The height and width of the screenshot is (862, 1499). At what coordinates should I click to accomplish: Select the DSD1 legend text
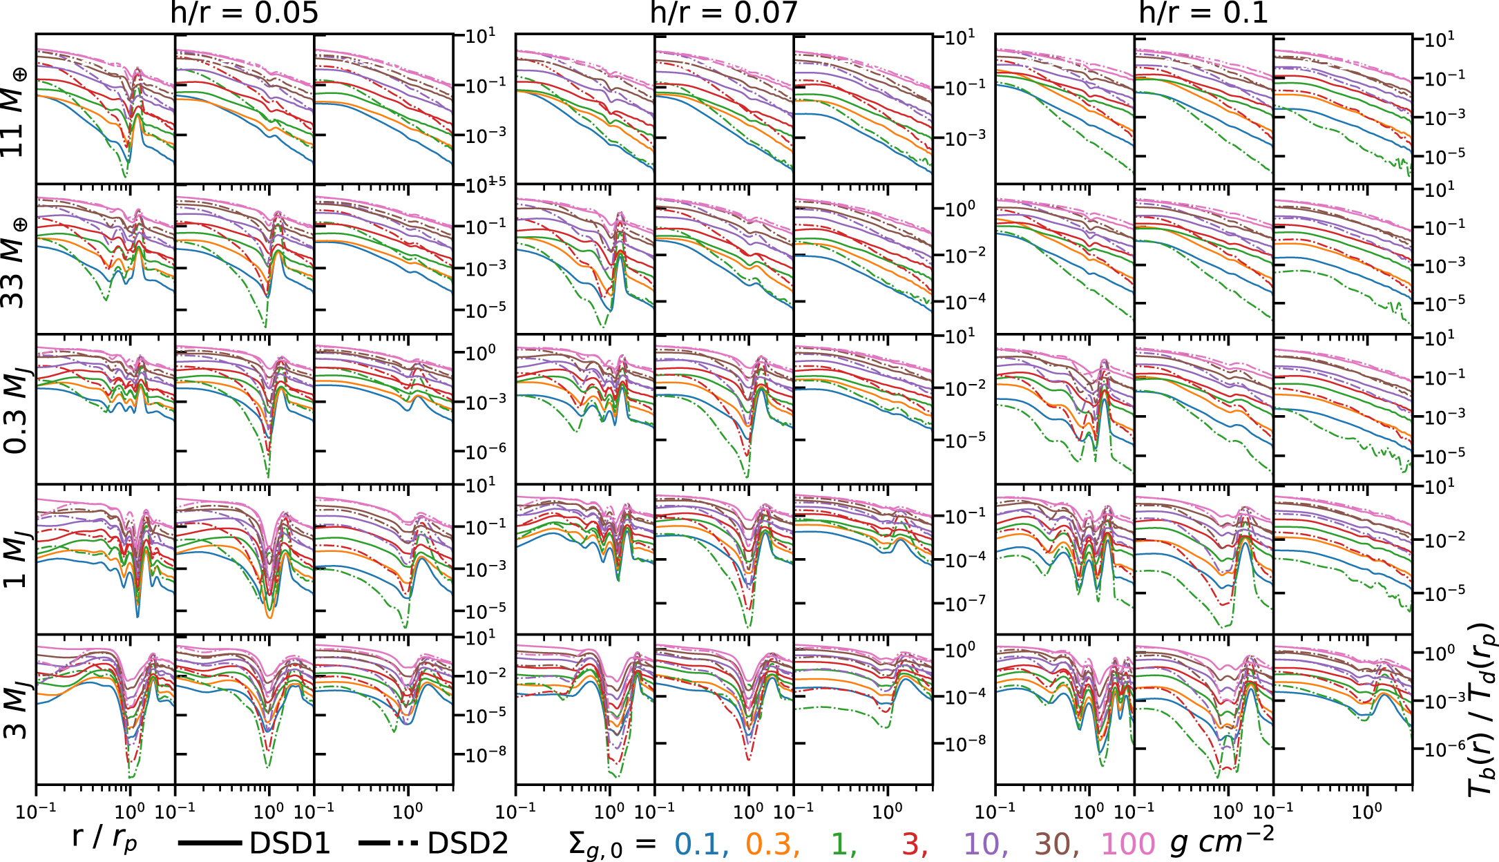click(290, 843)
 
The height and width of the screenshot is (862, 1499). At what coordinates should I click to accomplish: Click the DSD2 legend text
click(468, 843)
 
